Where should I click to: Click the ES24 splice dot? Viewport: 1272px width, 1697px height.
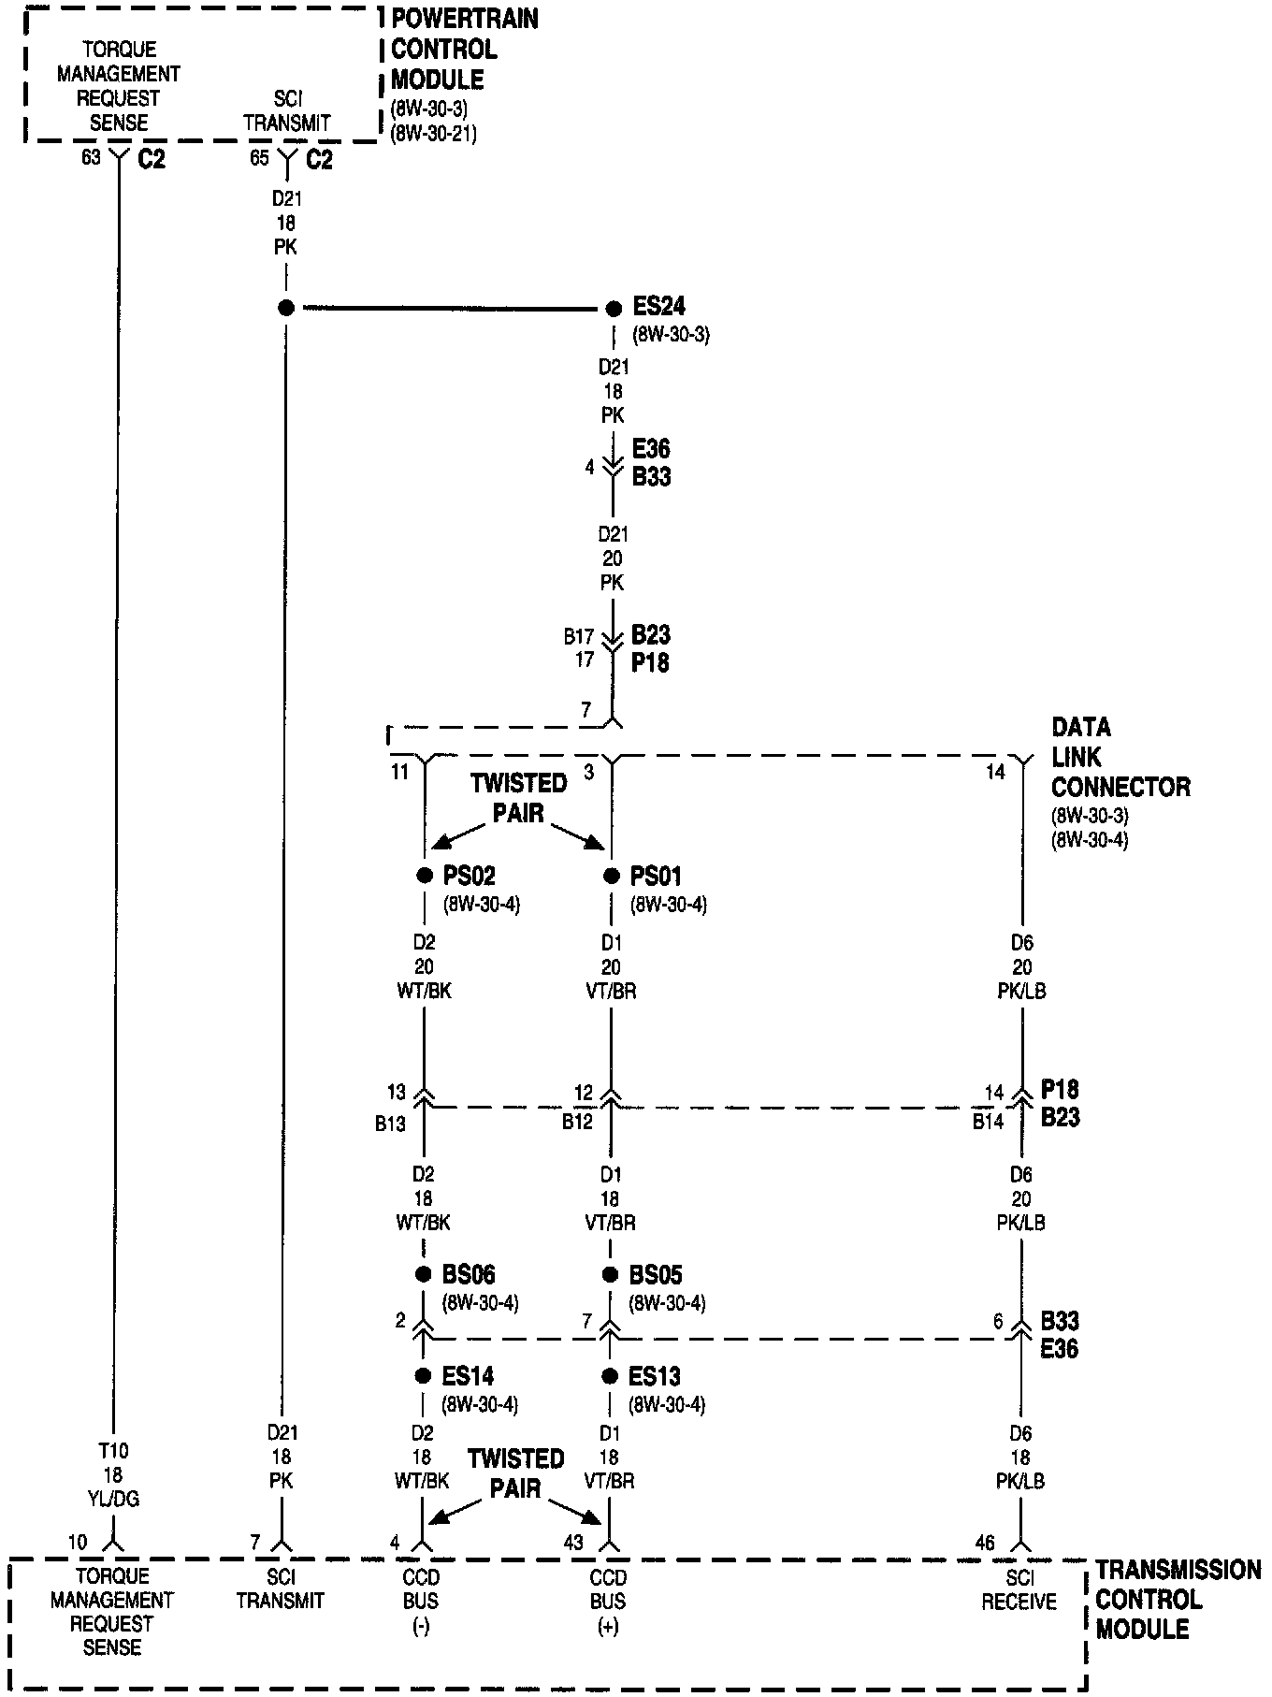(614, 309)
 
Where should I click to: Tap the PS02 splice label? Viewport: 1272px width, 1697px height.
(469, 877)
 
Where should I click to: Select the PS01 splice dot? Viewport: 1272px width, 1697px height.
(612, 877)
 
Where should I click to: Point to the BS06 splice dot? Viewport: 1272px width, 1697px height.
(424, 1274)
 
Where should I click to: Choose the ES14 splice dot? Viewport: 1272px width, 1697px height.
(424, 1376)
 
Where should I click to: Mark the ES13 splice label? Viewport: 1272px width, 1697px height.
(655, 1376)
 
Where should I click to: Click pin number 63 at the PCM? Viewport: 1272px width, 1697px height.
(91, 158)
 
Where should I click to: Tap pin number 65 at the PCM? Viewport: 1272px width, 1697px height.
(259, 158)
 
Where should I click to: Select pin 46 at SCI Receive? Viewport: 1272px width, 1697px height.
(985, 1543)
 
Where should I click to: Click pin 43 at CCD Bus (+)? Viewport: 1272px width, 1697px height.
(574, 1543)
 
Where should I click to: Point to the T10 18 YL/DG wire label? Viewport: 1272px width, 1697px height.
(112, 1475)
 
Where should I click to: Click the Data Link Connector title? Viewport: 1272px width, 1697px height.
(1120, 757)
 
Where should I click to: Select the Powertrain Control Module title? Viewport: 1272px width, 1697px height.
(464, 49)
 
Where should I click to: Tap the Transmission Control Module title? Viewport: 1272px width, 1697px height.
(1178, 1599)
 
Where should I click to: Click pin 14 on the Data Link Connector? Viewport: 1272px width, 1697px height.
(995, 772)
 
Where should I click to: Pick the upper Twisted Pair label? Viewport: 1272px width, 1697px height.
(518, 797)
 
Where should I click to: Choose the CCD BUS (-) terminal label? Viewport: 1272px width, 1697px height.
(421, 1601)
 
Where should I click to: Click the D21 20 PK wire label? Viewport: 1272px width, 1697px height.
(613, 558)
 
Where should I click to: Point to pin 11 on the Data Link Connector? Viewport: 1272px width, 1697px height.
(399, 773)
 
